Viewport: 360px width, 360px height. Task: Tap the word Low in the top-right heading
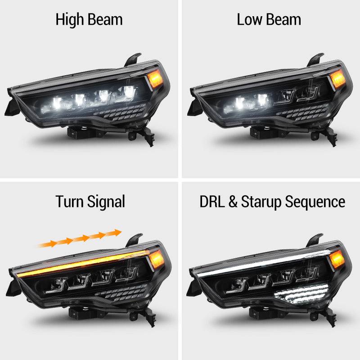pos(249,19)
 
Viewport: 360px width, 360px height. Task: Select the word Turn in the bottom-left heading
pos(70,201)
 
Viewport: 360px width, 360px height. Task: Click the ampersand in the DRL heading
pos(233,201)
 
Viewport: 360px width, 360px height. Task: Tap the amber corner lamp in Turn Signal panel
pos(156,260)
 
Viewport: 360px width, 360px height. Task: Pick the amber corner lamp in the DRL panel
pos(337,260)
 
